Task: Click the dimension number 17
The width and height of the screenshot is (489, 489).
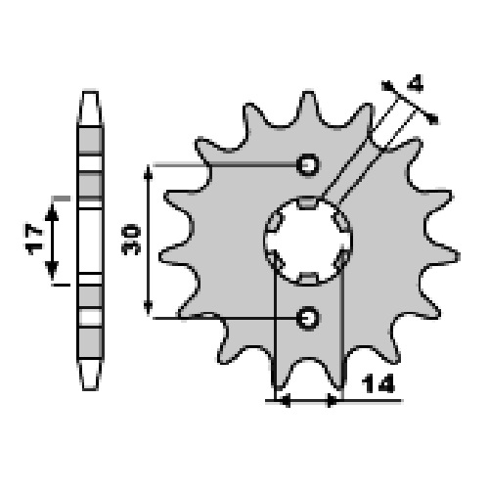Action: tap(34, 239)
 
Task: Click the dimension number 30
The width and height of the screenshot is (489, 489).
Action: tap(131, 239)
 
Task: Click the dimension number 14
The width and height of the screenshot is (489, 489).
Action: tap(378, 383)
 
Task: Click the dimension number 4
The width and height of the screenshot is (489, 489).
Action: tap(416, 84)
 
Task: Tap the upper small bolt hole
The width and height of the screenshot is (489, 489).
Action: tap(308, 164)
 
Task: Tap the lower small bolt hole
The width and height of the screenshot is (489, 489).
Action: tap(308, 318)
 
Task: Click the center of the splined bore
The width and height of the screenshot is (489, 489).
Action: tap(308, 242)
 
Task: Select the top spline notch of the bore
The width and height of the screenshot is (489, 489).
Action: tap(308, 202)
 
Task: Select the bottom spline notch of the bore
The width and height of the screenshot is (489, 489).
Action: tap(308, 279)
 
